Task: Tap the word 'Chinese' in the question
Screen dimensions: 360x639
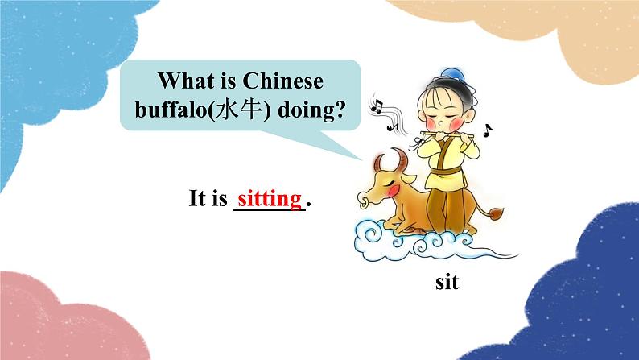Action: (x=282, y=81)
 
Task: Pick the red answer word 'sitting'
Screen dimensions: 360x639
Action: (x=270, y=197)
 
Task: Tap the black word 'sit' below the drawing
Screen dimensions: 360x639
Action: (x=447, y=283)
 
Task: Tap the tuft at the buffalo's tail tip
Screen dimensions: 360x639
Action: (x=497, y=214)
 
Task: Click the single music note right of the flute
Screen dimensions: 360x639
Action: (x=489, y=129)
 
